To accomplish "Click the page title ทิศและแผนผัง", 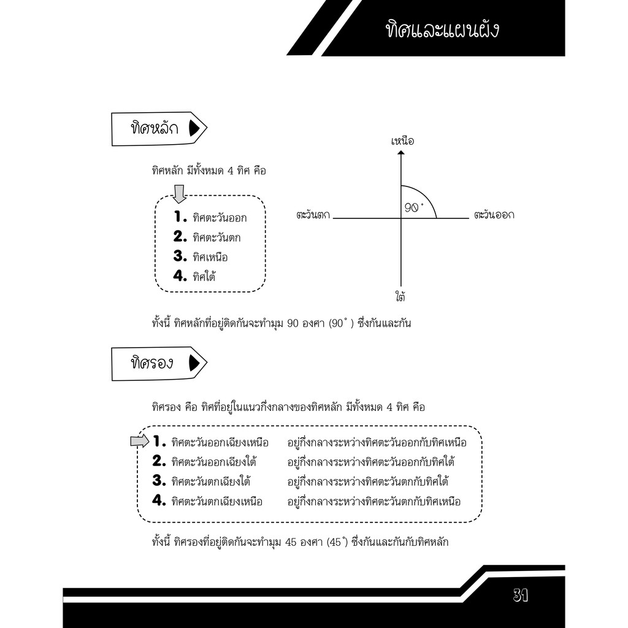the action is pyautogui.click(x=442, y=30).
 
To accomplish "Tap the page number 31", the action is pyautogui.click(x=520, y=595).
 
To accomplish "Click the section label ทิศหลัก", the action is pyautogui.click(x=155, y=128).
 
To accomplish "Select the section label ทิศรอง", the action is pyautogui.click(x=152, y=363).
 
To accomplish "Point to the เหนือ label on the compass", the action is pyautogui.click(x=402, y=141).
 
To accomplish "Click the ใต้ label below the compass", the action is pyautogui.click(x=400, y=297).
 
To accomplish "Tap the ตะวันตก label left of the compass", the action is pyautogui.click(x=313, y=215).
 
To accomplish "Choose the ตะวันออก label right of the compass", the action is pyautogui.click(x=494, y=215).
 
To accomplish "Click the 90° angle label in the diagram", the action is pyautogui.click(x=414, y=207).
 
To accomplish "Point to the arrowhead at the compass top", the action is pyautogui.click(x=401, y=153).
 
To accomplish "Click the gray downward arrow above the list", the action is pyautogui.click(x=179, y=194).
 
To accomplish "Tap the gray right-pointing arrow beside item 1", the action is pyautogui.click(x=140, y=442).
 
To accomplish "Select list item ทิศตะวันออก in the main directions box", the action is pyautogui.click(x=220, y=218).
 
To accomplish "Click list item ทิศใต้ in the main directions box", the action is pyautogui.click(x=204, y=277).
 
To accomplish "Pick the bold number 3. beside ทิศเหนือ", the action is pyautogui.click(x=180, y=256).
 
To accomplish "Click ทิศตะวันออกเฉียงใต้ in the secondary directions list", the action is pyautogui.click(x=214, y=462).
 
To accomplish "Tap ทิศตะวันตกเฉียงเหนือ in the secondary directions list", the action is pyautogui.click(x=216, y=502).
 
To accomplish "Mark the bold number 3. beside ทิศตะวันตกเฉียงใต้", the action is pyautogui.click(x=159, y=480).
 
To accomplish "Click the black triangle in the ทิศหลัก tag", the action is pyautogui.click(x=194, y=128).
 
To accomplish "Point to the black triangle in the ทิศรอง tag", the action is pyautogui.click(x=194, y=363).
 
